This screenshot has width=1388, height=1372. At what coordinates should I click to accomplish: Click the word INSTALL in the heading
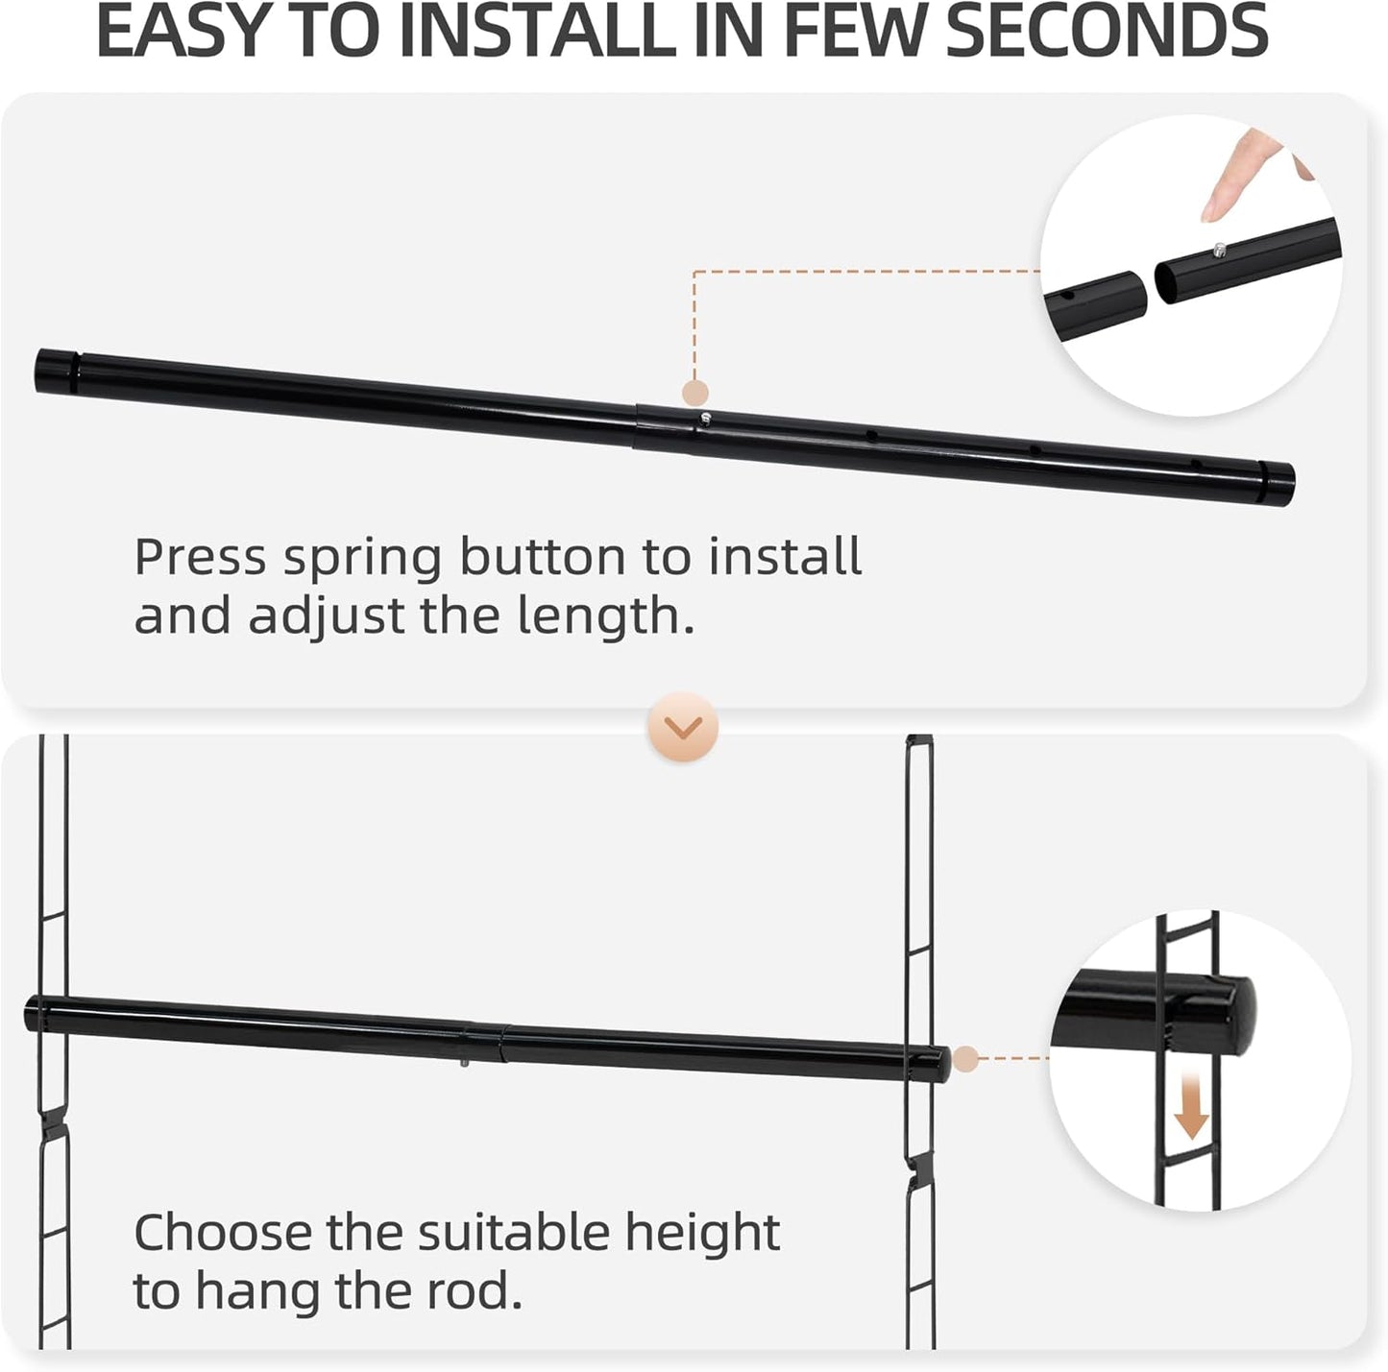(x=536, y=31)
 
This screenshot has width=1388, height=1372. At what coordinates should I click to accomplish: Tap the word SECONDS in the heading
(x=1112, y=31)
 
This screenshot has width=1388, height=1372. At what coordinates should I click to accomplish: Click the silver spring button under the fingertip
(x=1219, y=251)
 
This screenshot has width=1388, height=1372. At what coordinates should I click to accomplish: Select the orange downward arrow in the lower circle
(x=1192, y=1115)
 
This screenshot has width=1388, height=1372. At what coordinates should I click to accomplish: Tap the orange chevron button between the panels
(x=683, y=729)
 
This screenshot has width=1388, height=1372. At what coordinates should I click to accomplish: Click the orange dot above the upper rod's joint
(x=694, y=392)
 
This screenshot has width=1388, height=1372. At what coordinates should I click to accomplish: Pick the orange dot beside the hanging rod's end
(x=965, y=1059)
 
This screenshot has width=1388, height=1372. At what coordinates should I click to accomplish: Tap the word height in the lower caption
(x=702, y=1233)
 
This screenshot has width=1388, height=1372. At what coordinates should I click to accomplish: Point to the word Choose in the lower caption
(x=223, y=1233)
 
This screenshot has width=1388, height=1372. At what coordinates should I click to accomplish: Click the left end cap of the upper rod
(x=56, y=370)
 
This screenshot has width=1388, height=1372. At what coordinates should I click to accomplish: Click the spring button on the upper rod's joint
(x=706, y=419)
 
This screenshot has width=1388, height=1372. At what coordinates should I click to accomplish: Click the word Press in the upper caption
(x=200, y=558)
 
